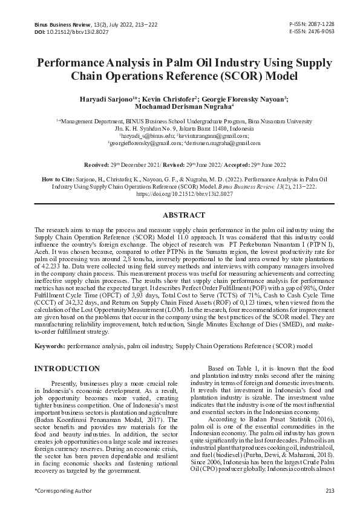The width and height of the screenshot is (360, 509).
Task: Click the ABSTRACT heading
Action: [180, 215]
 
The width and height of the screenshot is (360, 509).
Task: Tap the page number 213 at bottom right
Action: [330, 490]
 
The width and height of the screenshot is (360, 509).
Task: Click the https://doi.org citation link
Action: [180, 195]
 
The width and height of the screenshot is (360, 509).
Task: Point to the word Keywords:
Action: [50, 346]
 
